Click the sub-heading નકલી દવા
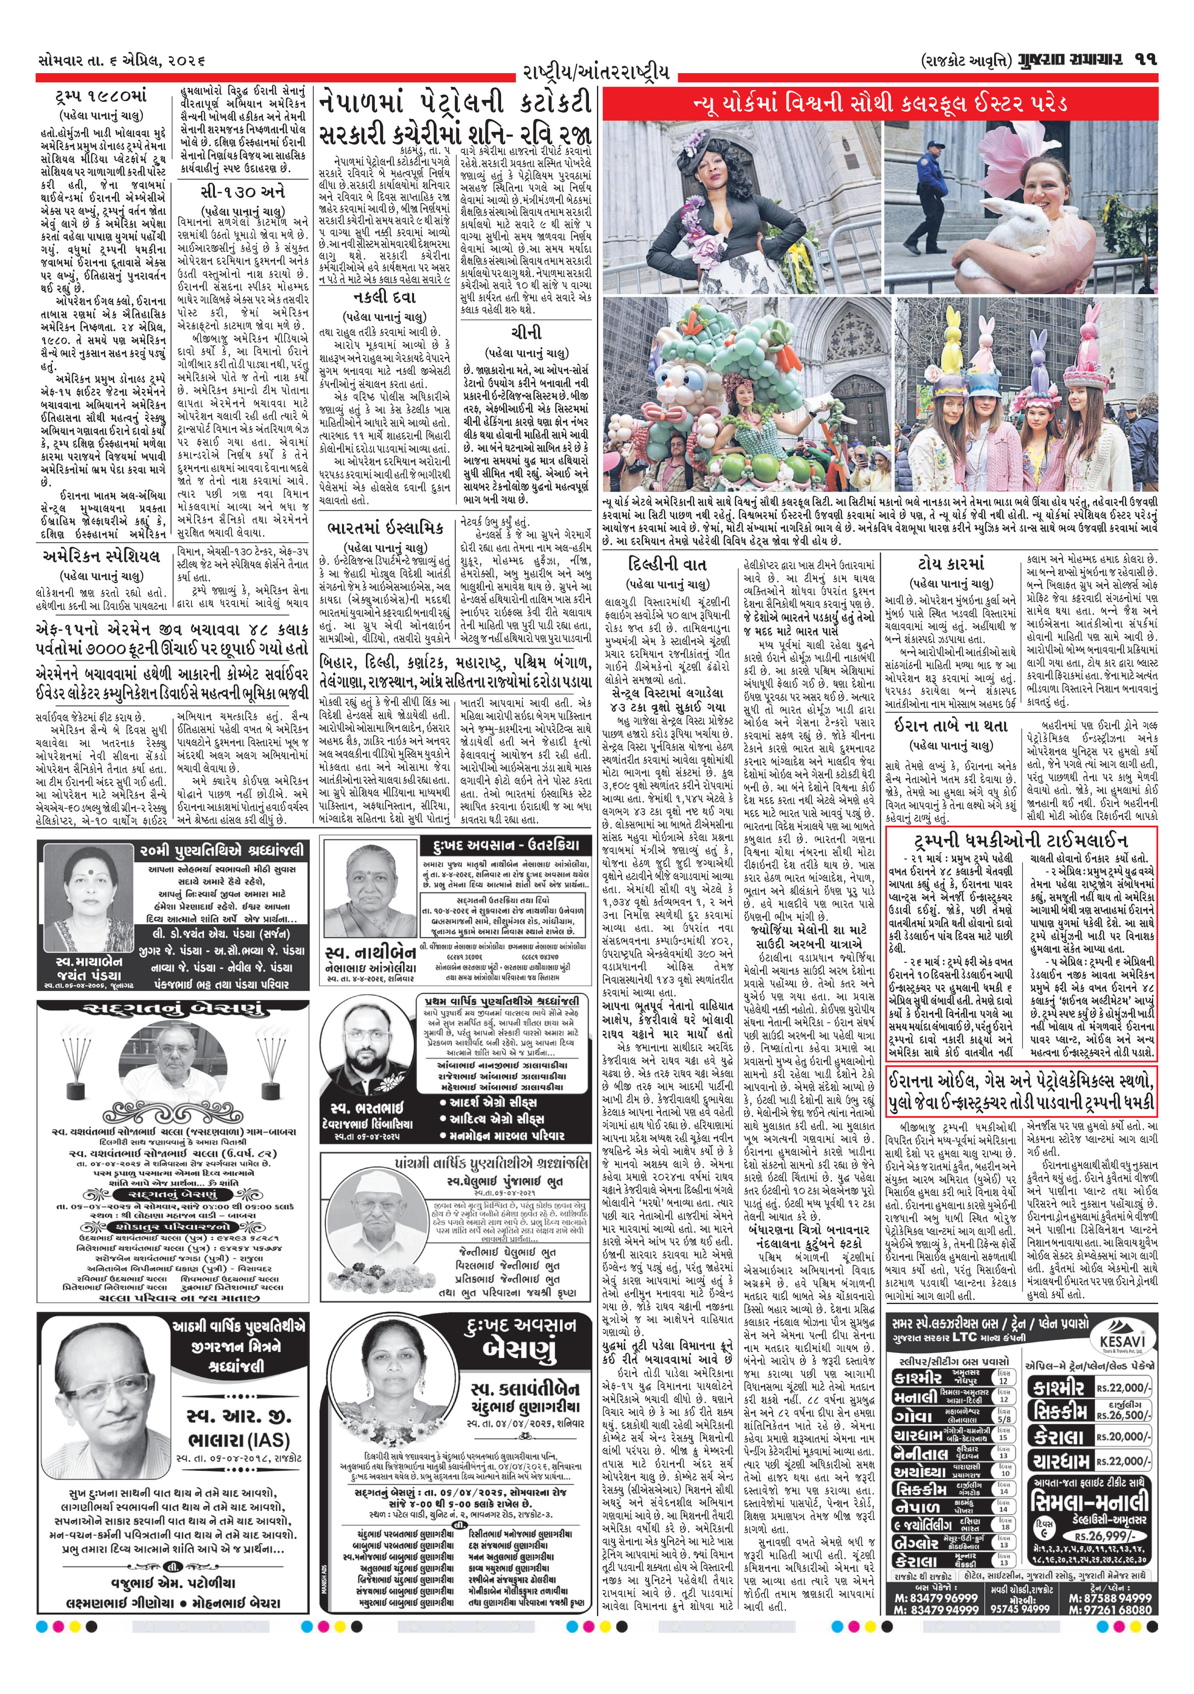coord(385,298)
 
